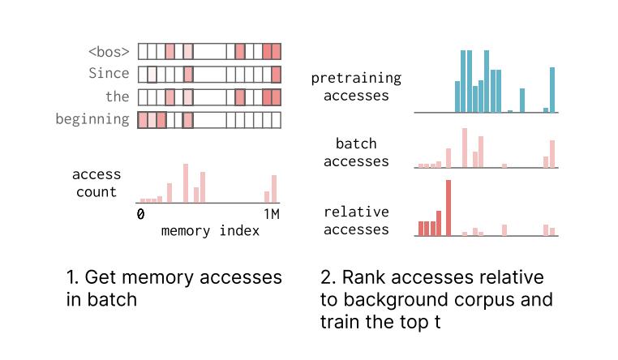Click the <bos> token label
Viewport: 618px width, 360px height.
[109, 52]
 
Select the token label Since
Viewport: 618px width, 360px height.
[109, 74]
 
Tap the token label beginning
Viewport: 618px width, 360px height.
[92, 119]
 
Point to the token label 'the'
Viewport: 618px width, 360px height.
[117, 96]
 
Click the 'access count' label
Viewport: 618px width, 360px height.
[97, 183]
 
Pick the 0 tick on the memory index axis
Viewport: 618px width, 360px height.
[140, 215]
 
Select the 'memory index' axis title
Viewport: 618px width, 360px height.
[210, 230]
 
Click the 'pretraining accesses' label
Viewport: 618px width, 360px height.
[356, 87]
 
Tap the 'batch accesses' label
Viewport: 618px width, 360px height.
[356, 152]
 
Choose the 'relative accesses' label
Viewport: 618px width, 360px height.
[356, 221]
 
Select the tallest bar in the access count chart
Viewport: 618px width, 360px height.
[186, 183]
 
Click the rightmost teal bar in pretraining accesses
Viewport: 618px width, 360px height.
[552, 90]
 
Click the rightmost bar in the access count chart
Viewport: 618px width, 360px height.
[274, 188]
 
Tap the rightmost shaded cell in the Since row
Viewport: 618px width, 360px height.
[277, 75]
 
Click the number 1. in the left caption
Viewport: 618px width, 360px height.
[72, 277]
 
